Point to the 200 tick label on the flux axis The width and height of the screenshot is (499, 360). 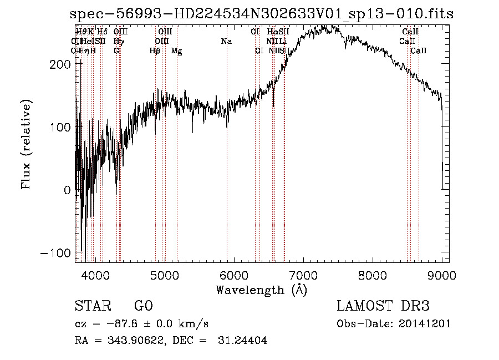[58, 64]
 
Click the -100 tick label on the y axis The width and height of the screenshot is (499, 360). [54, 253]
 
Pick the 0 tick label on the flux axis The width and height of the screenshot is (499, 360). [67, 190]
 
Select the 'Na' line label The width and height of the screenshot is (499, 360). [226, 42]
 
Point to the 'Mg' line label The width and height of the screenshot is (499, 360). [177, 51]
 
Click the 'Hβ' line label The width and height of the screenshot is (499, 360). [155, 51]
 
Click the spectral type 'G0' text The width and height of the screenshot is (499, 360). [143, 306]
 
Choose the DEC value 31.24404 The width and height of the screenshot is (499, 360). [244, 341]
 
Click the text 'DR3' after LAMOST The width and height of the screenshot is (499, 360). [414, 306]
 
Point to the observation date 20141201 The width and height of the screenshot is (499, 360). [424, 324]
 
